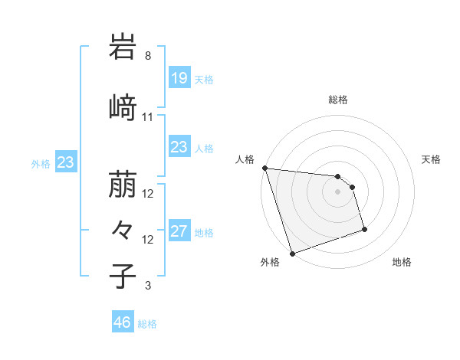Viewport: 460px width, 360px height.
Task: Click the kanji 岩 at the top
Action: coord(123,48)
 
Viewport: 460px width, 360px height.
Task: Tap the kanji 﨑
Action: coord(123,108)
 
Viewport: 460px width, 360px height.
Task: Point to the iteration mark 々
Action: coord(123,231)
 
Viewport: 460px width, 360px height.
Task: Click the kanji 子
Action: coord(123,277)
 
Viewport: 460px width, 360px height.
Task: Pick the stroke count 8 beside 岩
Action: coord(148,56)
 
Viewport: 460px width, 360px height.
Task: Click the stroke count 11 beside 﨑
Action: coord(148,117)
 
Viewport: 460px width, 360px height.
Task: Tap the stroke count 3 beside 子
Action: coord(148,286)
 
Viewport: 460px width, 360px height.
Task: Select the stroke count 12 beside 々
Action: coord(148,240)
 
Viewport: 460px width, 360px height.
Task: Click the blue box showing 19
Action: coord(179,78)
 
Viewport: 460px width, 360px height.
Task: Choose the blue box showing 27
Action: coord(179,231)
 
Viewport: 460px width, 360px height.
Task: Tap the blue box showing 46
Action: coord(123,322)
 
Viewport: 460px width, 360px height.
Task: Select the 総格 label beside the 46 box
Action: coord(147,324)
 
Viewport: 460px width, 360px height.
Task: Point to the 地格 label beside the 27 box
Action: coord(204,232)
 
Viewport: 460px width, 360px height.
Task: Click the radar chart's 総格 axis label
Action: coord(338,100)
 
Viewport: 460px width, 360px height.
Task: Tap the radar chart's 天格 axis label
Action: coord(432,159)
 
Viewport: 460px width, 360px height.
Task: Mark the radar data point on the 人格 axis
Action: coord(264,168)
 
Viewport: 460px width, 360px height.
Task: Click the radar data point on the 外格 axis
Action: coord(292,253)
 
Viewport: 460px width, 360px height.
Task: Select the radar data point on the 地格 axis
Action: coord(364,229)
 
